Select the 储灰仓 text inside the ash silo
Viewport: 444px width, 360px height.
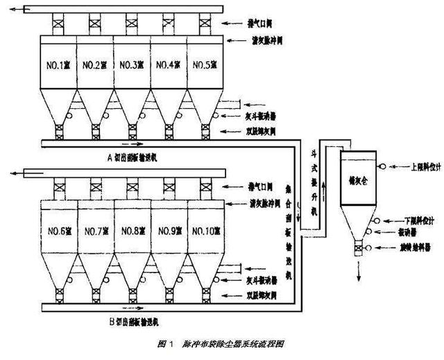(357, 178)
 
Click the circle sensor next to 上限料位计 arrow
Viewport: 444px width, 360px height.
(380, 166)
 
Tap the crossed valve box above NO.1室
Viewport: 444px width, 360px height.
(58, 24)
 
